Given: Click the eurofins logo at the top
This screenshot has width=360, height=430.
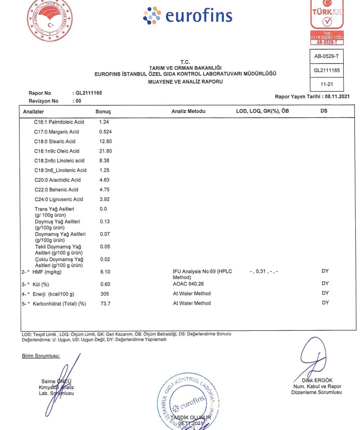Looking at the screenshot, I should [x=188, y=15].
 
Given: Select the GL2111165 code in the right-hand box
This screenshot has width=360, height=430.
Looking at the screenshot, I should [x=326, y=70].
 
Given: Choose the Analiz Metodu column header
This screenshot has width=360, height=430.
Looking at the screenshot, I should [x=188, y=112].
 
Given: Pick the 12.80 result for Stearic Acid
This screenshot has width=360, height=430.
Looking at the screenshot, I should [x=105, y=141].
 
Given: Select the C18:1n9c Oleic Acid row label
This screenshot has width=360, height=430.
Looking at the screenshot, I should [x=57, y=151].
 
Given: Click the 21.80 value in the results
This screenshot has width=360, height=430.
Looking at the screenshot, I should [x=105, y=151].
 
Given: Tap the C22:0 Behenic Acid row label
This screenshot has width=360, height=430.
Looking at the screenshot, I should [x=56, y=190].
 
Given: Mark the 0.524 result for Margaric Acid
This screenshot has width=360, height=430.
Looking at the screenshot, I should [x=105, y=132].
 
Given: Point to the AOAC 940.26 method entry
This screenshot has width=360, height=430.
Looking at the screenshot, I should [x=189, y=284].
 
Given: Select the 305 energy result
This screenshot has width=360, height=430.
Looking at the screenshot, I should [x=104, y=293].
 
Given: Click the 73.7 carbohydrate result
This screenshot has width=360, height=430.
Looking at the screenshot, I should [x=105, y=303].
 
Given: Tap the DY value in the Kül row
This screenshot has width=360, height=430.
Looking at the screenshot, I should [x=325, y=284].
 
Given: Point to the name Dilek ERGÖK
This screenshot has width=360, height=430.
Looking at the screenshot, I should [x=317, y=380].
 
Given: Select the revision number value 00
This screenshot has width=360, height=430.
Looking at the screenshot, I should [x=78, y=101].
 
